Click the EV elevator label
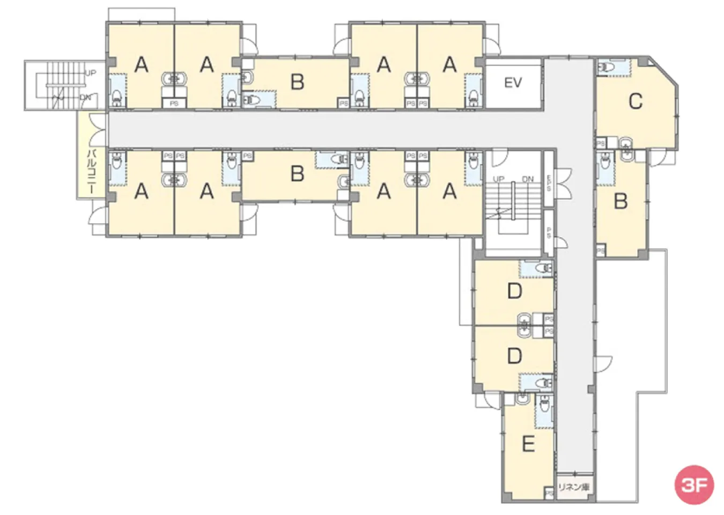pos(513,83)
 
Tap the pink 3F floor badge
pos(694,484)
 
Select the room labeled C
pos(636,101)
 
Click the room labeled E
pos(528,444)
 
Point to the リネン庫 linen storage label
pos(574,487)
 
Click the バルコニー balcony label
pos(92,172)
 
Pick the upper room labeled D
pos(514,291)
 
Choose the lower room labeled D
pos(514,356)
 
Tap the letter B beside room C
pos(620,201)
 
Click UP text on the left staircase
pos(90,72)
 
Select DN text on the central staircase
pos(528,179)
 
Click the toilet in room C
pos(607,67)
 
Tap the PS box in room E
pos(549,492)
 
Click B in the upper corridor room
pos(297,82)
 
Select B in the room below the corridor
pos(297,174)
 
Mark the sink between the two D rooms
pos(524,323)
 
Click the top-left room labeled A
pos(141,65)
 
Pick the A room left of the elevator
pos(449,65)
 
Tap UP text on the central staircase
pos(498,179)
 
